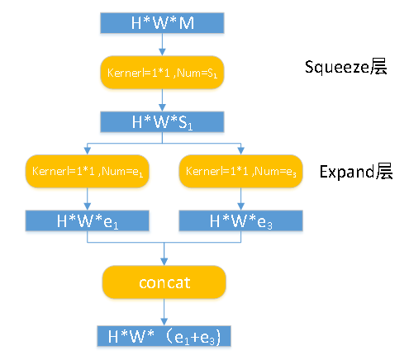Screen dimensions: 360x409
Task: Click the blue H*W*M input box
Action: [163, 23]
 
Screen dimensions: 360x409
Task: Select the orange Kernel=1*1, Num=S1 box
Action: [163, 73]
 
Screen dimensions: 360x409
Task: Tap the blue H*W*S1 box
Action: [163, 122]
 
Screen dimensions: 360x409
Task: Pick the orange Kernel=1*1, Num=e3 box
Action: [239, 172]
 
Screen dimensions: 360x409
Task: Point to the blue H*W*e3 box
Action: [239, 220]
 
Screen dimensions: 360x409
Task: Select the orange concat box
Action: [163, 283]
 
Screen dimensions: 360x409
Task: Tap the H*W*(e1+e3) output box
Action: [163, 336]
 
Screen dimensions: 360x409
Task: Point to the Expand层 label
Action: [355, 172]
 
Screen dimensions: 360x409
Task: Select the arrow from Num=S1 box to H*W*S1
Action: [163, 100]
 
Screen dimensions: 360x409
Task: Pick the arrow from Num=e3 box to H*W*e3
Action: [239, 199]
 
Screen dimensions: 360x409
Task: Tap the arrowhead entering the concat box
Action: [163, 262]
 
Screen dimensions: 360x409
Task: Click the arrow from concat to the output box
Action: [163, 313]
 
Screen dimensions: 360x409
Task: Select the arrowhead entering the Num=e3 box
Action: [239, 151]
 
